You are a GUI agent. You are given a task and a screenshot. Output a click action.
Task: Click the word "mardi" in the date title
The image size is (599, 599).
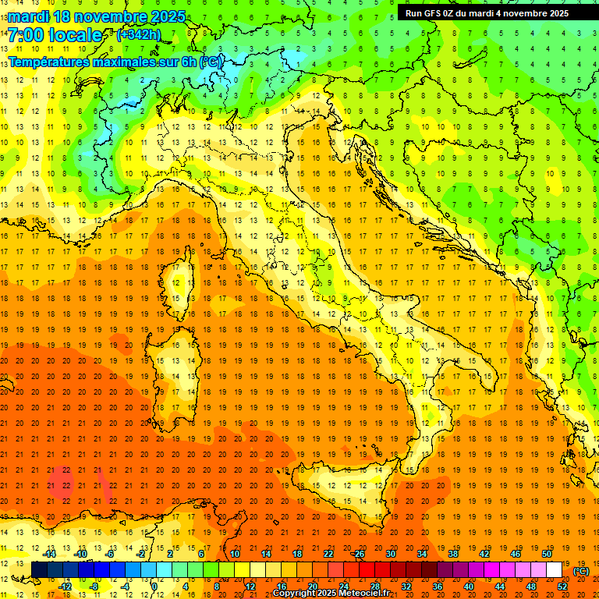click(x=30, y=16)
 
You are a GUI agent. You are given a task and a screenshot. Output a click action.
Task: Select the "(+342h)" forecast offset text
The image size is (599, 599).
click(x=138, y=34)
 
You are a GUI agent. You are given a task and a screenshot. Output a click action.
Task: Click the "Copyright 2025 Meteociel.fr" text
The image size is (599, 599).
click(x=331, y=594)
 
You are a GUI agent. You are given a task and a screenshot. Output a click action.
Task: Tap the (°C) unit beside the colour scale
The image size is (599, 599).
click(x=580, y=571)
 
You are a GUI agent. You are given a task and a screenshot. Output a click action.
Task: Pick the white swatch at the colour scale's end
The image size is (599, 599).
click(x=554, y=569)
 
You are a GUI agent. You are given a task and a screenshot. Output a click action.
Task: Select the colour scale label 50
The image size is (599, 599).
click(x=546, y=554)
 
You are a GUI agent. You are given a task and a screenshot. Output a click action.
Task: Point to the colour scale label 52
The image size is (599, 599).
click(x=562, y=586)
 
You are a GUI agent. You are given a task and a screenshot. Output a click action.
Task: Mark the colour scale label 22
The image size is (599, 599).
click(x=328, y=554)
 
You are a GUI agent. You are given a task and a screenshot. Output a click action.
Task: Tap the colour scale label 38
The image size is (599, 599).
click(x=452, y=554)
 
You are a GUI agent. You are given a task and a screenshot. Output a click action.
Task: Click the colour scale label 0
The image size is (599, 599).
click(x=154, y=586)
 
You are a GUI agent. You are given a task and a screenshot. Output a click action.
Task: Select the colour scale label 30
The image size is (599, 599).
click(x=390, y=554)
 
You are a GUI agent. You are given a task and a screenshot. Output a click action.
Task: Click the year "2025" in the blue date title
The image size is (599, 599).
click(x=167, y=16)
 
